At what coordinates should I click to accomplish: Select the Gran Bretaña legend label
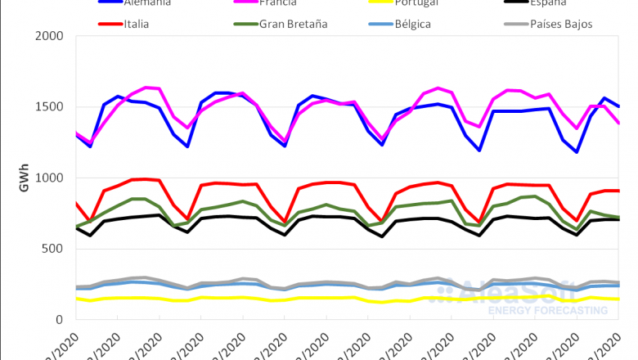[x=294, y=24]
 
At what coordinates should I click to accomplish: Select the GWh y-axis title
[x=24, y=178]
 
